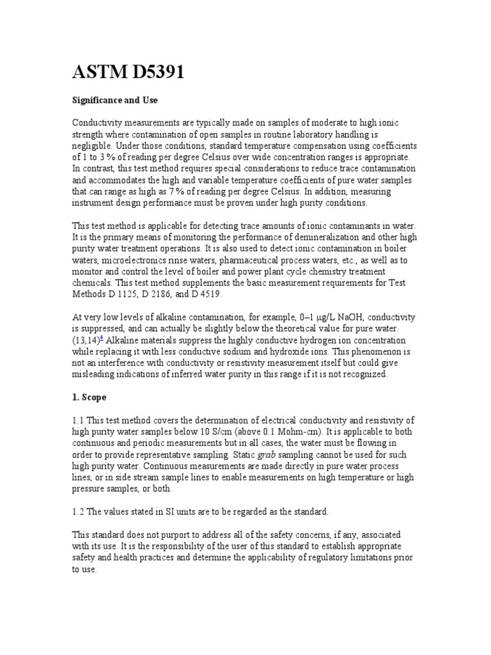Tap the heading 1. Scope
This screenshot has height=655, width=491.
(89, 397)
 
